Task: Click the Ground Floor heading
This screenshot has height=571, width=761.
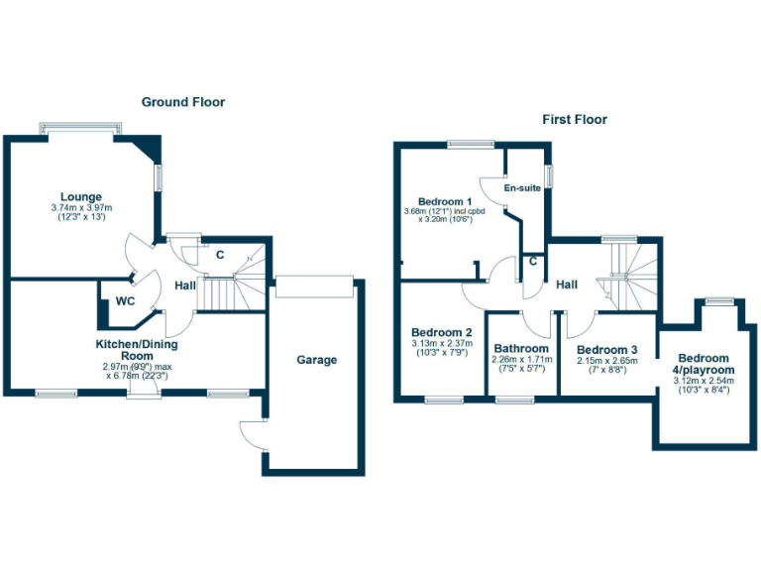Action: (x=182, y=102)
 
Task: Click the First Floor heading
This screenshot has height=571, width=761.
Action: (x=574, y=120)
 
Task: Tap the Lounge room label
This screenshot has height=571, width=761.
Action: (x=81, y=196)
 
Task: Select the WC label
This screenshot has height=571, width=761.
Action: (x=126, y=300)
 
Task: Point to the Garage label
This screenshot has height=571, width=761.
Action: (x=317, y=360)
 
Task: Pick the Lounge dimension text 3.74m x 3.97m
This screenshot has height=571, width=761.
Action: (x=82, y=207)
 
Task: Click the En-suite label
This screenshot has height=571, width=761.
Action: (x=522, y=187)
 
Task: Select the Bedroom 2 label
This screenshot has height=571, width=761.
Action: (x=441, y=332)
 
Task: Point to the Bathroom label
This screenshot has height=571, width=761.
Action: (x=521, y=349)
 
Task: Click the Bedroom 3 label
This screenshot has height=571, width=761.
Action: (x=606, y=350)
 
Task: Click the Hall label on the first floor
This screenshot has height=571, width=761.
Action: (x=566, y=285)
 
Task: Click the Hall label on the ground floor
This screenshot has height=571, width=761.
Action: (x=185, y=285)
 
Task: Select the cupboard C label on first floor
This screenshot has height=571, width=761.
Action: (x=532, y=262)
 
